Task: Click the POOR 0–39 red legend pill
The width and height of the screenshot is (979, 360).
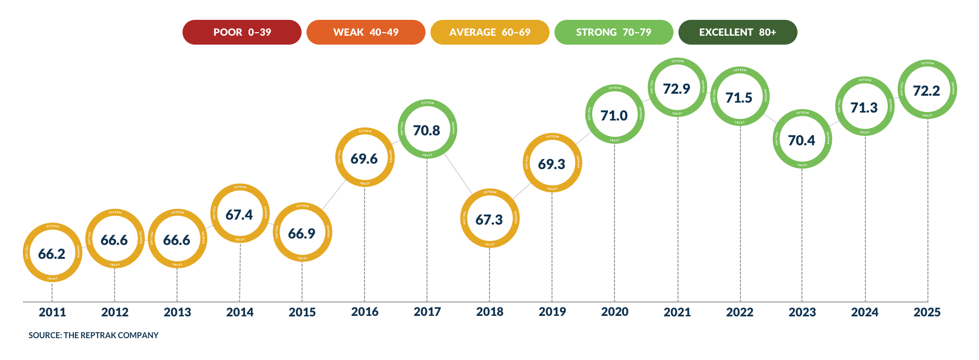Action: (242, 32)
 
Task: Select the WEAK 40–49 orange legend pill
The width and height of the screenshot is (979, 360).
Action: (366, 32)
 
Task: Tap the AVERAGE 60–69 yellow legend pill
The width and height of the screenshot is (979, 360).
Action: (489, 32)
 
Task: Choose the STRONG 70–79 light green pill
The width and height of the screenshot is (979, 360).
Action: (613, 32)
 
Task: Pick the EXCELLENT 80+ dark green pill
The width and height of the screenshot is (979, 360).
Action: (737, 32)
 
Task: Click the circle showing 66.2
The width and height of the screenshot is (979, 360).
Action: (52, 253)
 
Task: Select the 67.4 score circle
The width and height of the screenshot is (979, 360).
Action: (240, 214)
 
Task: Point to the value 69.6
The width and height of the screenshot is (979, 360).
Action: (364, 159)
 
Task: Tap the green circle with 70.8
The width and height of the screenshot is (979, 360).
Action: (427, 130)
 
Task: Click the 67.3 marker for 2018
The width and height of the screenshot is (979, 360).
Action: (489, 219)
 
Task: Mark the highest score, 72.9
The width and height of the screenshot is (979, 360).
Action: (677, 88)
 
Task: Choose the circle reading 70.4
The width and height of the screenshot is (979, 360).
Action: (802, 140)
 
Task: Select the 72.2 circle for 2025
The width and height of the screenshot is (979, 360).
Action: (927, 91)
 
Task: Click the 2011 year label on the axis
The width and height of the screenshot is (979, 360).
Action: (52, 312)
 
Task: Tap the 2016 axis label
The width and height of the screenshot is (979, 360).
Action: (365, 312)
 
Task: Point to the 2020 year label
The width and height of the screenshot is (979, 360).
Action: (614, 312)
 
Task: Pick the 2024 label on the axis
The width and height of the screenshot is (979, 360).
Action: (864, 312)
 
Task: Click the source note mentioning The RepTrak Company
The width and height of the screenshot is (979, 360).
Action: (93, 335)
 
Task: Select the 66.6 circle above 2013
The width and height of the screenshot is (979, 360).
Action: (177, 240)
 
